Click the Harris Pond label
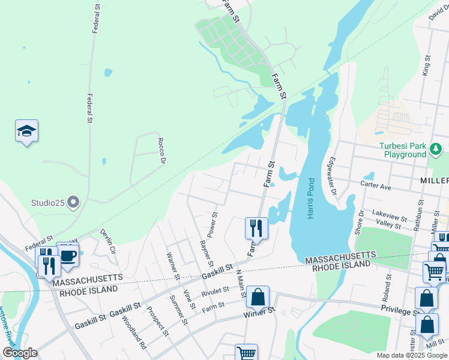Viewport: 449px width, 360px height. [x=311, y=199]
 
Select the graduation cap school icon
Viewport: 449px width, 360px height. [x=26, y=131]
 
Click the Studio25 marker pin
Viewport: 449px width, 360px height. [x=74, y=202]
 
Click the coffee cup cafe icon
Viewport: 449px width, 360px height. [x=68, y=255]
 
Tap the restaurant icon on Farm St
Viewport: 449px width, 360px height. [x=256, y=228]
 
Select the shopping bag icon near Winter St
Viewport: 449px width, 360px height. [x=258, y=297]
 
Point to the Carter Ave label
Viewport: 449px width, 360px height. [x=376, y=187]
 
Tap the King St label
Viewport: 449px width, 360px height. [x=427, y=65]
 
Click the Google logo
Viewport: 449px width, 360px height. [x=20, y=353]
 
